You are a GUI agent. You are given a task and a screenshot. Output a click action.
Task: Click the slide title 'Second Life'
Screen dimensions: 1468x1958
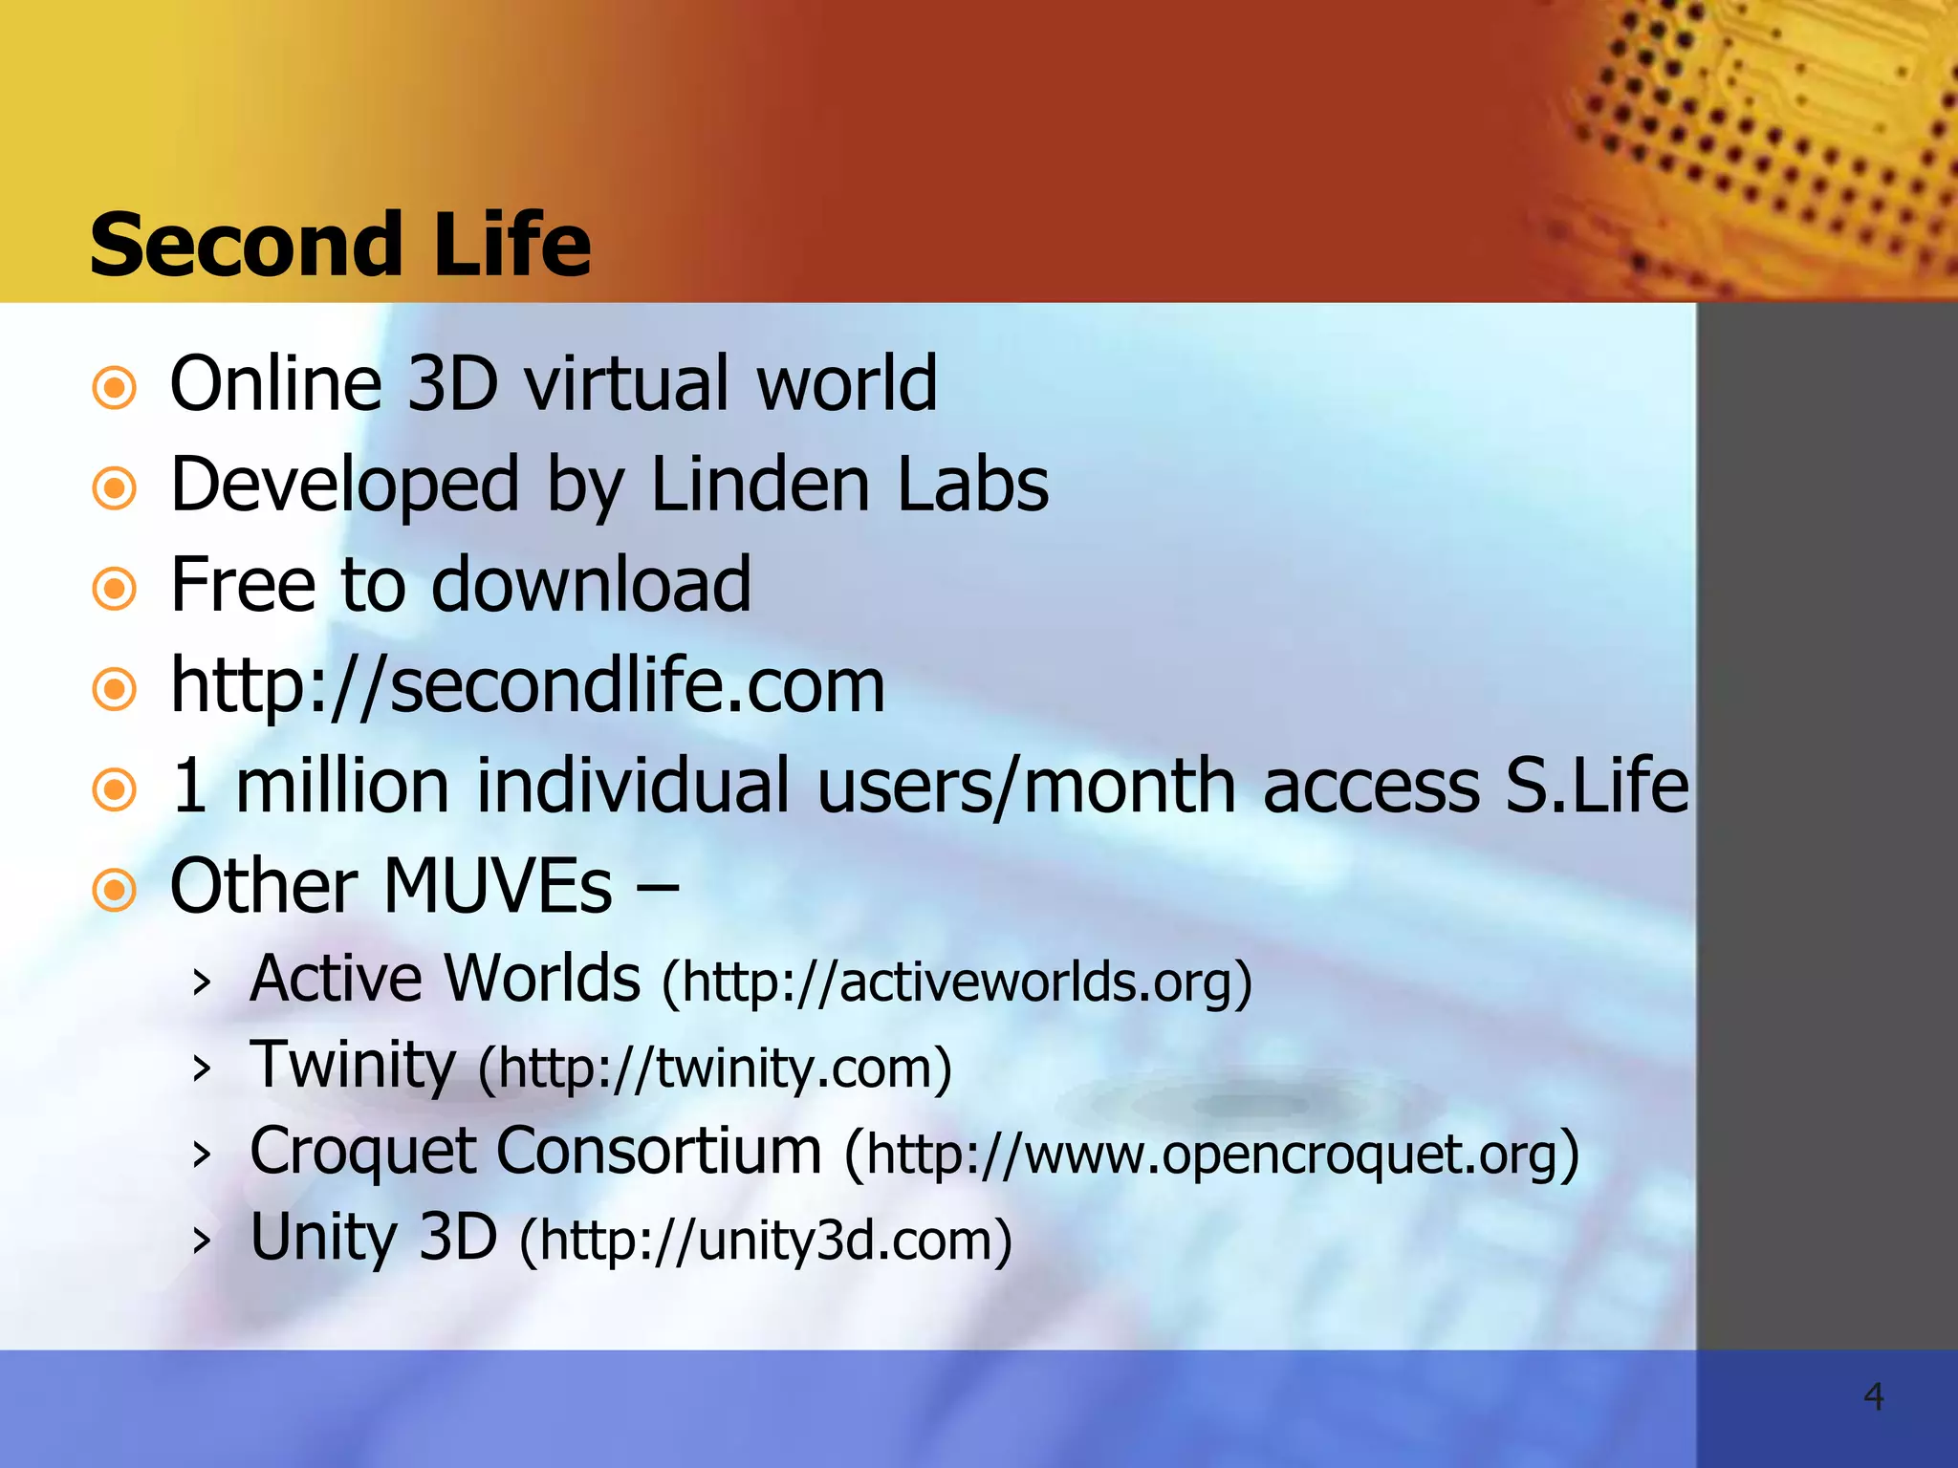click(x=340, y=245)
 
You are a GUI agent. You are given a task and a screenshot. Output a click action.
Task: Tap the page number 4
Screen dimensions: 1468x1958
click(x=1873, y=1396)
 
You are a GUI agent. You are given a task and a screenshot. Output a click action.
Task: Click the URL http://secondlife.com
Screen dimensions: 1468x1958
click(x=528, y=685)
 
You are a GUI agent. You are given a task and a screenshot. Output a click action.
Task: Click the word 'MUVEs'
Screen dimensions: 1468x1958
click(x=497, y=886)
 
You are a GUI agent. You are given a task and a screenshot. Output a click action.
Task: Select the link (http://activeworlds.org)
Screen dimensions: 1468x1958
click(x=957, y=982)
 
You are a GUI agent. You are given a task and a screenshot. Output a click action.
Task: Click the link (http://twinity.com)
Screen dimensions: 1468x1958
click(x=715, y=1068)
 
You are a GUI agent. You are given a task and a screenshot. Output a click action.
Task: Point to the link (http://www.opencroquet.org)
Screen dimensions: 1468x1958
click(x=1211, y=1154)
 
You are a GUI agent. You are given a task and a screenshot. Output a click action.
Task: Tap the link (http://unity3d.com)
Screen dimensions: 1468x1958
click(x=765, y=1240)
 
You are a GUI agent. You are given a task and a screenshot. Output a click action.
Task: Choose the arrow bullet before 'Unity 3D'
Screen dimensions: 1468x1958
click(x=201, y=1241)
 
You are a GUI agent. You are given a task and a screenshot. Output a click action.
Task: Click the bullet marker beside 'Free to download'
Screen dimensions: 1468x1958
click(x=115, y=589)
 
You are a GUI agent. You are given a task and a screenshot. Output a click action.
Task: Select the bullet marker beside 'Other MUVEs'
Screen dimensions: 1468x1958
click(x=115, y=891)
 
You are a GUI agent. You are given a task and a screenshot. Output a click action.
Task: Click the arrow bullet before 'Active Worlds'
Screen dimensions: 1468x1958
click(x=201, y=982)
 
